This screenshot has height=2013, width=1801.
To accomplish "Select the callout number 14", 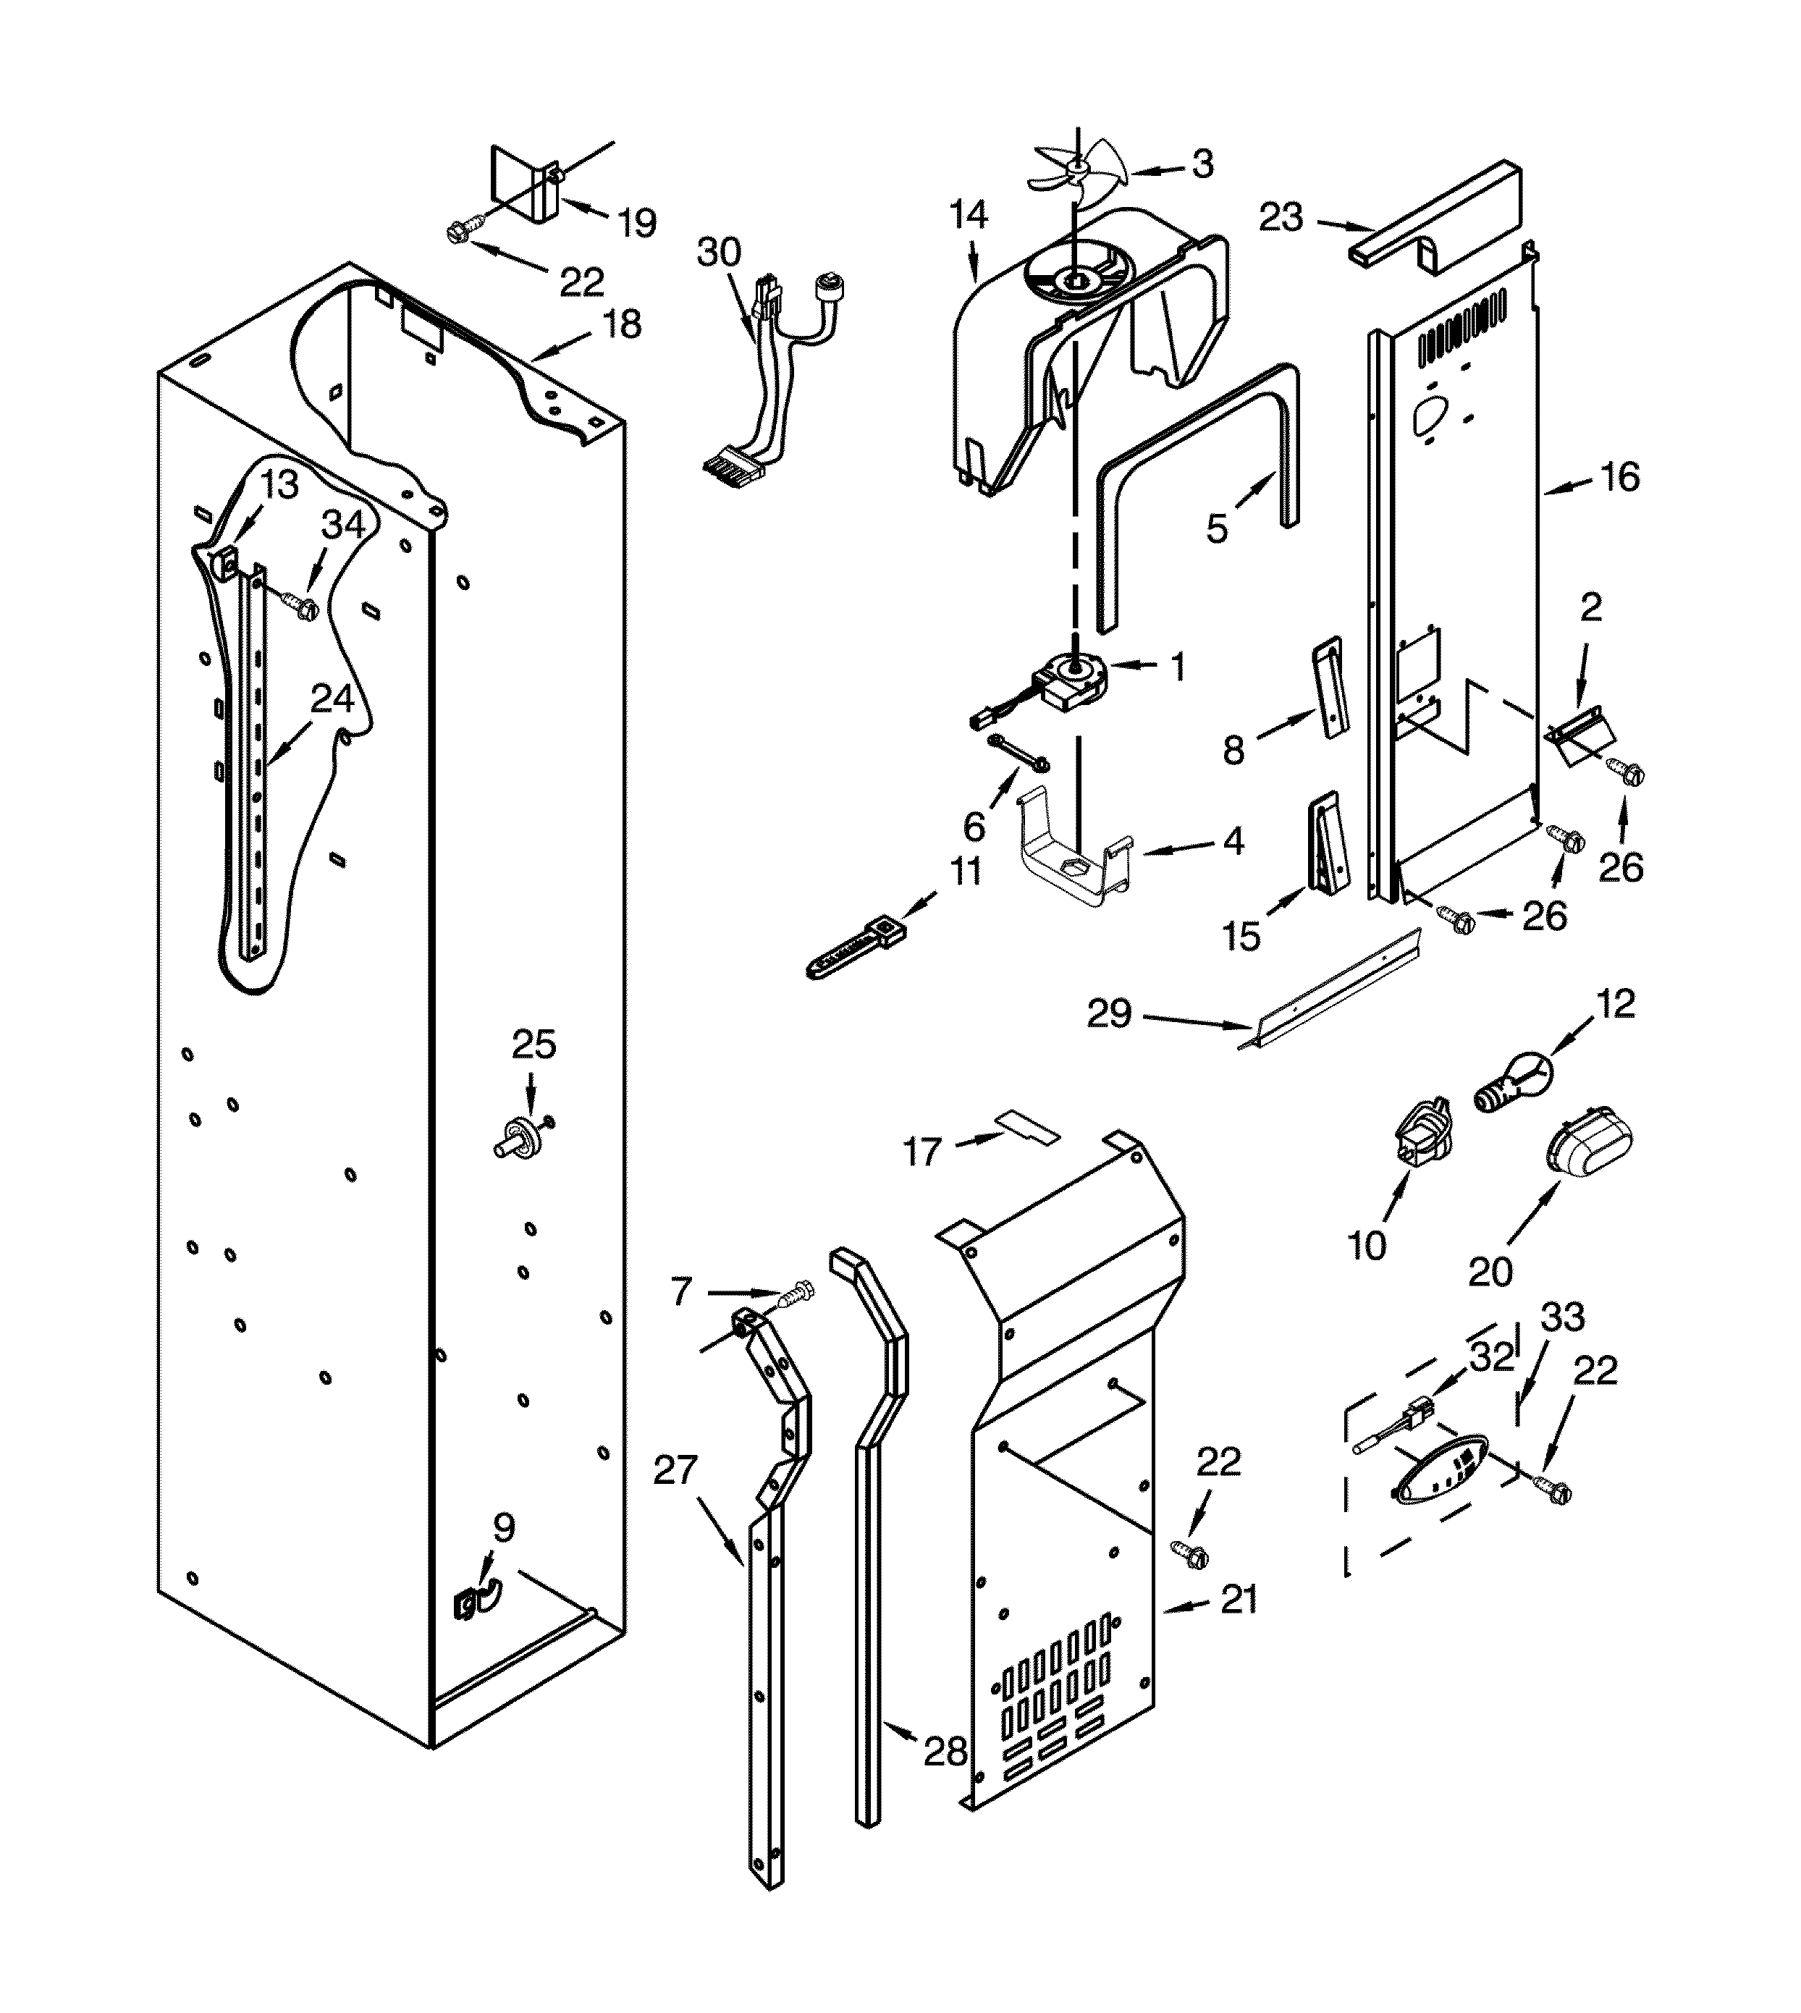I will (968, 215).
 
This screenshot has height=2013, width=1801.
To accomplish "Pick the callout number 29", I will (1108, 1013).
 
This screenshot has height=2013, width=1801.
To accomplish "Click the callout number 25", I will (534, 1044).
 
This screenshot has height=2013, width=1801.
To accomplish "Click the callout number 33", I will (1564, 1317).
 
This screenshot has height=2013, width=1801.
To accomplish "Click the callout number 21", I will (1239, 1599).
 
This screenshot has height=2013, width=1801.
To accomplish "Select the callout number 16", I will (1620, 477).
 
